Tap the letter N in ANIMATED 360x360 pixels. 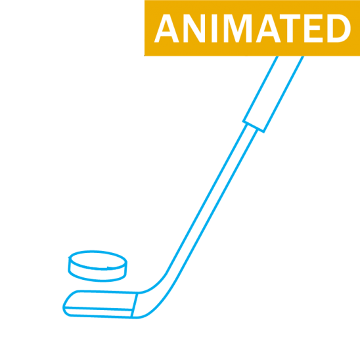click(194, 28)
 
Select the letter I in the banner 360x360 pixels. click(214, 28)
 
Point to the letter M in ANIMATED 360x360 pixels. click(238, 28)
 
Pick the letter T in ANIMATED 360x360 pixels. click(290, 28)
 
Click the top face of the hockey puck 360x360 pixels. click(98, 260)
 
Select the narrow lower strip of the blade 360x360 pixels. click(99, 313)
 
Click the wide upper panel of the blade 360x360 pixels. click(101, 300)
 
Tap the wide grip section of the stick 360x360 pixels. click(273, 94)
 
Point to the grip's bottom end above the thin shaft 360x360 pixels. click(253, 127)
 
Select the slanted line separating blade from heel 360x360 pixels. click(134, 305)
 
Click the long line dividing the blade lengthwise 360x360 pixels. click(99, 308)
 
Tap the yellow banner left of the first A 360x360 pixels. click(149, 28)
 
